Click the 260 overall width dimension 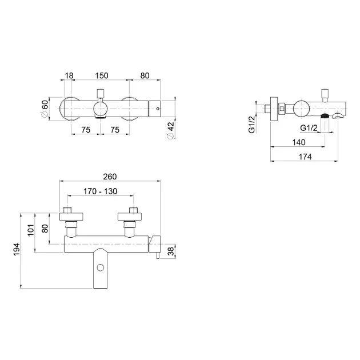(110, 177)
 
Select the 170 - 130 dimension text (101, 191)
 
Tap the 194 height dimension (17, 249)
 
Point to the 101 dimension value (30, 230)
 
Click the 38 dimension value (171, 251)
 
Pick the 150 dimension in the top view (102, 75)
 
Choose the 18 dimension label (69, 75)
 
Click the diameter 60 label (45, 108)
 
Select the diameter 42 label (171, 130)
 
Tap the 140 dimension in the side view (299, 142)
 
